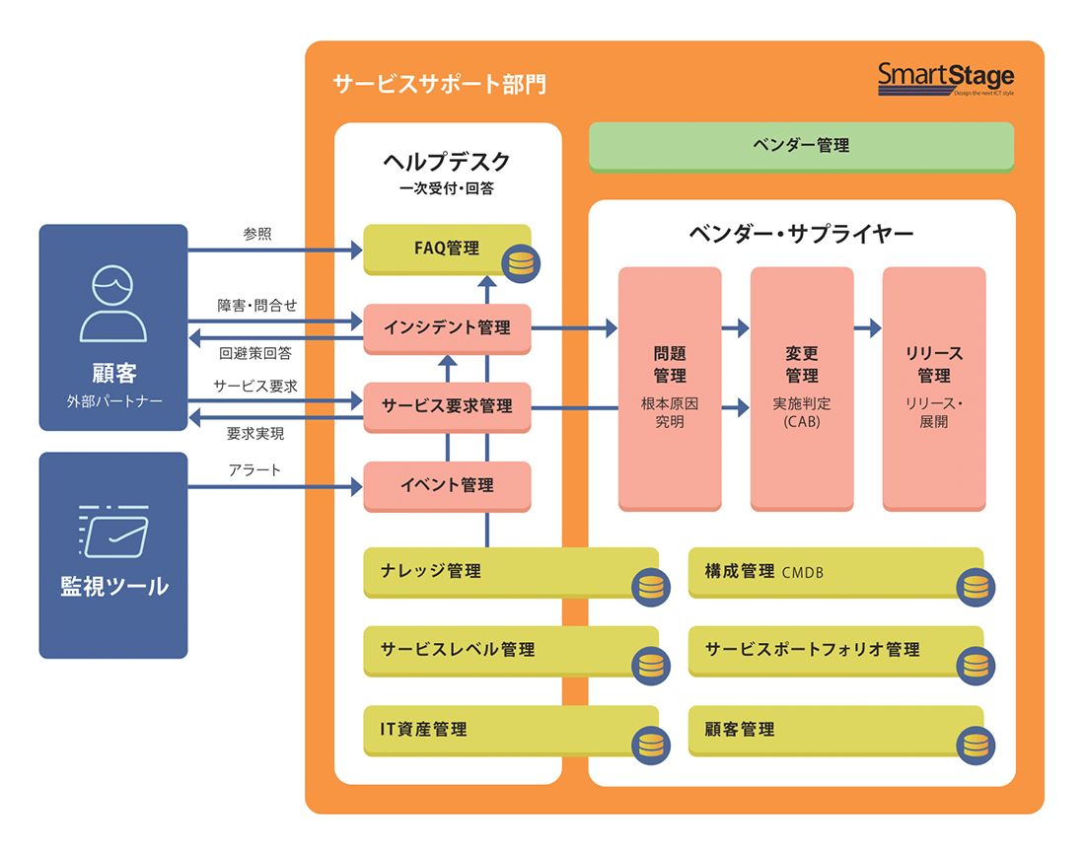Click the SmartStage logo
(x=945, y=78)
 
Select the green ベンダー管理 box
(x=801, y=146)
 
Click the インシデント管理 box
(x=447, y=327)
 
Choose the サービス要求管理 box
(x=447, y=405)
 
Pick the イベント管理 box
(x=447, y=484)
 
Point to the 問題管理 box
(x=670, y=387)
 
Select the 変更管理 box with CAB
(x=802, y=387)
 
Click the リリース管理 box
(x=933, y=387)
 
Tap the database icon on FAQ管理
(x=519, y=263)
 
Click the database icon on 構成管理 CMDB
(x=975, y=587)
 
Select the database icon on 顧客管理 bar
(x=975, y=745)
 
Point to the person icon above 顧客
(x=112, y=303)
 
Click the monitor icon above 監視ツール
(x=112, y=532)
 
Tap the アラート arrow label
(x=254, y=469)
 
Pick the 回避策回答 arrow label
(x=254, y=352)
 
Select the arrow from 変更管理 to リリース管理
(x=868, y=327)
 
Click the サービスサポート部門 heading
(x=439, y=83)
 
